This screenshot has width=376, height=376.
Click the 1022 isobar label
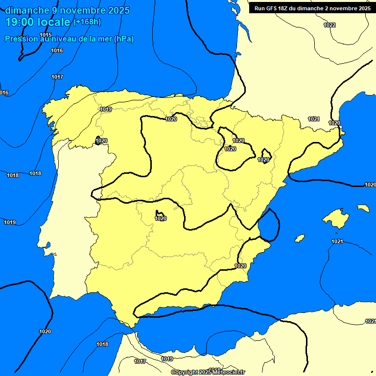click(x=329, y=25)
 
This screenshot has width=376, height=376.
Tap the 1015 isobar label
click(x=46, y=35)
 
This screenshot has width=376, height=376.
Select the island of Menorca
click(x=363, y=208)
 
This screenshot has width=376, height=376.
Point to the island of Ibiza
click(x=300, y=238)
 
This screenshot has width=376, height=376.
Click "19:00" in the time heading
click(x=20, y=22)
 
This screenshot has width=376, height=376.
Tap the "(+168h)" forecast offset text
click(x=87, y=22)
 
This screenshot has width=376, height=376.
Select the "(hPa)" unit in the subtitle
click(x=123, y=39)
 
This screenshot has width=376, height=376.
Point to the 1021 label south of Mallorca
click(x=337, y=241)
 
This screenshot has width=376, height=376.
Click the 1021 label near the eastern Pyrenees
click(x=314, y=119)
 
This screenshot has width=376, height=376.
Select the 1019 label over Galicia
click(x=106, y=109)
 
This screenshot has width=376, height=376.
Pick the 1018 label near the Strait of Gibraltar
click(x=102, y=344)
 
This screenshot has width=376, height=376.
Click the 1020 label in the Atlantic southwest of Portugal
click(x=45, y=331)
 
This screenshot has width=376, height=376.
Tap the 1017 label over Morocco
click(x=140, y=361)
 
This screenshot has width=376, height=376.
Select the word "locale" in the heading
click(x=54, y=22)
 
